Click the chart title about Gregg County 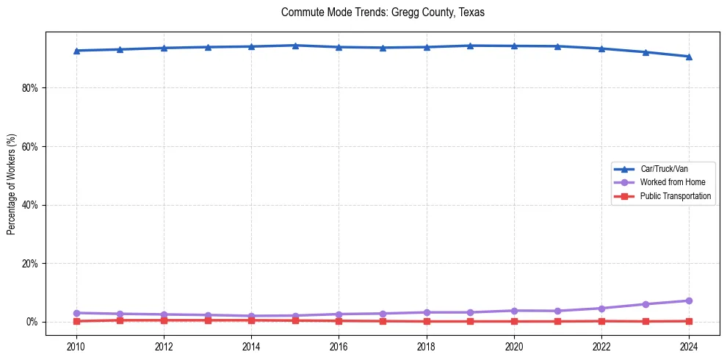[383, 12]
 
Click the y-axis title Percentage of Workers [11, 184]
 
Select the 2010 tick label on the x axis [76, 345]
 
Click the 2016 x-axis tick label [339, 345]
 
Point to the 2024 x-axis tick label [689, 345]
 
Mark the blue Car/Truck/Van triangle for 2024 [689, 57]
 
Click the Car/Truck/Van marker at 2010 [76, 51]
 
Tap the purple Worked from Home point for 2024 [689, 300]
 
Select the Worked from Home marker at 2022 [601, 309]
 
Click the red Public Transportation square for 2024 [689, 321]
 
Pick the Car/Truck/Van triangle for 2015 [295, 46]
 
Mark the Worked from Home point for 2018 [427, 312]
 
